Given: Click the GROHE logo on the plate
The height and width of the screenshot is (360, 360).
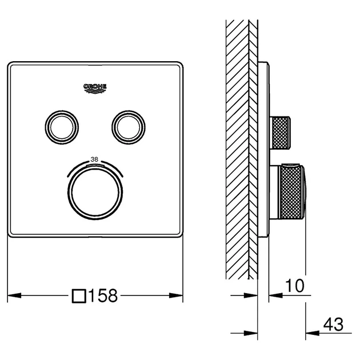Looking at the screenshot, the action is click(95, 89).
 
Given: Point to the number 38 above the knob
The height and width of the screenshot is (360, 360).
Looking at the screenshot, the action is click(94, 159).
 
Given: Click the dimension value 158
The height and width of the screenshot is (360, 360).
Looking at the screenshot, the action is click(103, 296).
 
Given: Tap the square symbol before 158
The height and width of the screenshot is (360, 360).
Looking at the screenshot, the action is click(79, 296).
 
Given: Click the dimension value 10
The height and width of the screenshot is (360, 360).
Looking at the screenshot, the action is click(294, 286).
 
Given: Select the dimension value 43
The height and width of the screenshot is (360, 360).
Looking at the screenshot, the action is click(333, 324).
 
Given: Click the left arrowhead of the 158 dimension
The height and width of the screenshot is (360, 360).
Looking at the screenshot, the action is click(14, 295).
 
